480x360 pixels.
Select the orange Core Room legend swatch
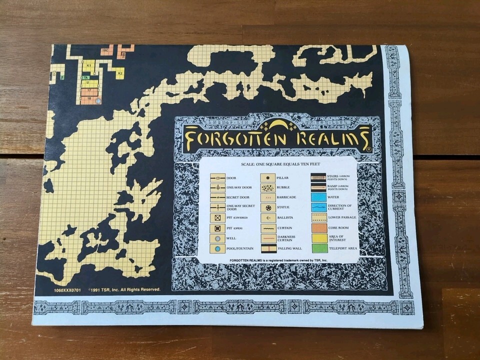click(x=318, y=228)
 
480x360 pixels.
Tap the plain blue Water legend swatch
click(x=318, y=197)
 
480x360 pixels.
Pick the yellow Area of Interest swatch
click(x=318, y=238)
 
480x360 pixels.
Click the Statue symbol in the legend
click(x=268, y=207)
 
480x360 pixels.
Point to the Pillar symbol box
click(x=268, y=177)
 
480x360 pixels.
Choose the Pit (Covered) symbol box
click(x=217, y=217)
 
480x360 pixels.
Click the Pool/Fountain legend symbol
click(x=217, y=248)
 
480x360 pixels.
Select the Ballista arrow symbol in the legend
click(x=268, y=217)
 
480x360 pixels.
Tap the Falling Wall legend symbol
click(x=268, y=248)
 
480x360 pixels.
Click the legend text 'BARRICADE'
click(x=286, y=197)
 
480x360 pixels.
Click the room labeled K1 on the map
click(x=88, y=65)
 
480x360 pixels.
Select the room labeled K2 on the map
click(x=119, y=73)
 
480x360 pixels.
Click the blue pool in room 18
click(x=98, y=100)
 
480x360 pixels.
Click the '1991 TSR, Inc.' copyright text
click(x=124, y=289)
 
